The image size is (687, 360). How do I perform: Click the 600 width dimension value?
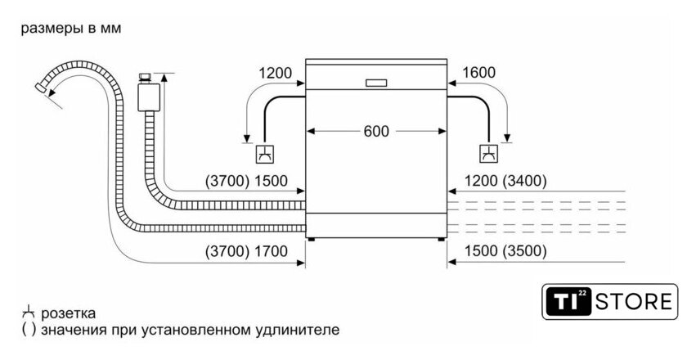pos(376,131)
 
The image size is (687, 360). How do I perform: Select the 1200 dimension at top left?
pos(275,73)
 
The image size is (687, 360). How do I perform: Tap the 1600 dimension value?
pos(478,73)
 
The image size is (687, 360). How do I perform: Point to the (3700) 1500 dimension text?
pos(247,181)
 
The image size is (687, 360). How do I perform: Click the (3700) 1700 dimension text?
pos(247,251)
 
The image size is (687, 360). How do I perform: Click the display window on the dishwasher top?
pos(376,82)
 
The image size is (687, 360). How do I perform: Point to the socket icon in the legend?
pos(29,313)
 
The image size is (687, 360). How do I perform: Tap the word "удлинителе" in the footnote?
pos(299,331)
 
